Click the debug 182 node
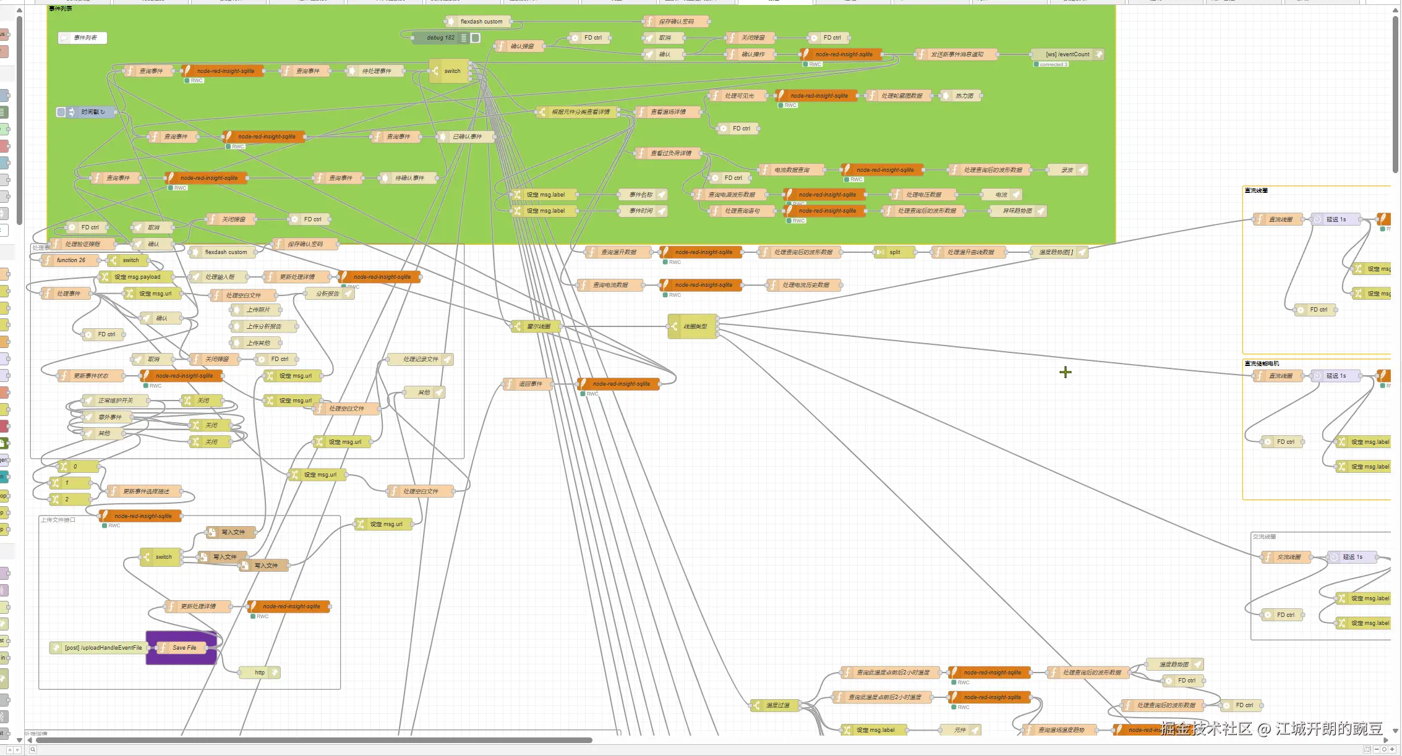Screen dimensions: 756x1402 pos(440,38)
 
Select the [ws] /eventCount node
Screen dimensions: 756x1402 pos(1067,54)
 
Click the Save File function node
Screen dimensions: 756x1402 pos(184,648)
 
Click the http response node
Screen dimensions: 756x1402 pos(260,673)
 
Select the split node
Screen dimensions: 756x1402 pos(894,252)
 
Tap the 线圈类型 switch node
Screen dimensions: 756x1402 pos(694,326)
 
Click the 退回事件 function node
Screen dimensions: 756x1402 pos(529,384)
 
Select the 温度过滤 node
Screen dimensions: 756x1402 pos(777,705)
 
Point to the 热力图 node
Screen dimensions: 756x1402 pos(964,96)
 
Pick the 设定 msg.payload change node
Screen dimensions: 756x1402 pos(137,277)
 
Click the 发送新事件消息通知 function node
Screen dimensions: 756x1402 pos(957,54)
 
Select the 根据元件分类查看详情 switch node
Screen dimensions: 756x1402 pos(580,112)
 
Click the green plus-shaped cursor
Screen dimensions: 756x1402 pos(1065,372)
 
